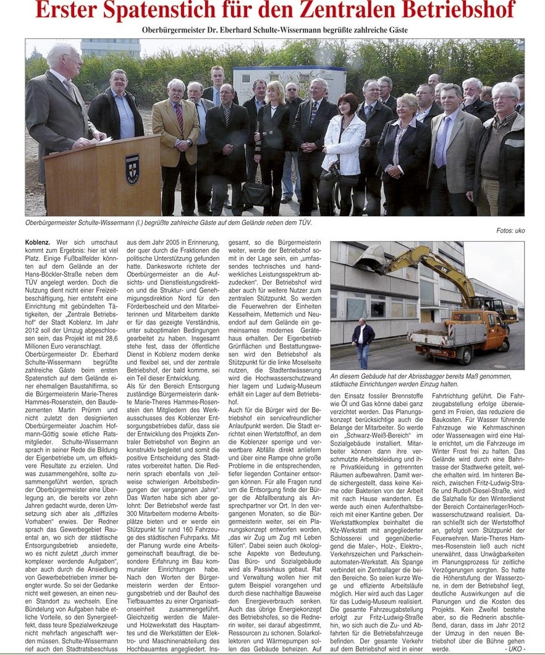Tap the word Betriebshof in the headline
pyautogui.click(x=453, y=11)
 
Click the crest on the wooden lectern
pyautogui.click(x=132, y=169)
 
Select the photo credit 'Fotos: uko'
pyautogui.click(x=510, y=230)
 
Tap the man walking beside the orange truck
pyautogui.click(x=363, y=340)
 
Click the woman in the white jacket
pyautogui.click(x=344, y=151)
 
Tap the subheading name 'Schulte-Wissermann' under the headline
pyautogui.click(x=258, y=29)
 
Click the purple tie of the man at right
pyautogui.click(x=440, y=142)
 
